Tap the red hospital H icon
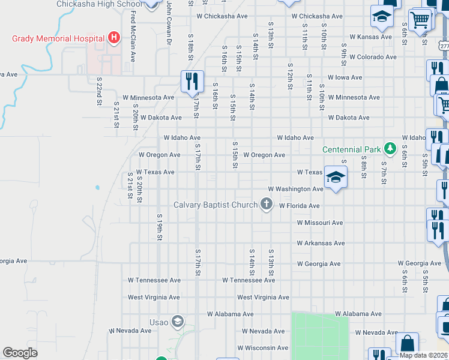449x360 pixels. (114, 39)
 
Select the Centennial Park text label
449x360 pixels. (351, 149)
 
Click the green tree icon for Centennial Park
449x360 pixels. (390, 148)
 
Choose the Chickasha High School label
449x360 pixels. (99, 4)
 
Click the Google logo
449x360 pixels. (20, 353)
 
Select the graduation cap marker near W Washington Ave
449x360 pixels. (336, 177)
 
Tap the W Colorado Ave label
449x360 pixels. (373, 57)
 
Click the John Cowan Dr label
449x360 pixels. (169, 24)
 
